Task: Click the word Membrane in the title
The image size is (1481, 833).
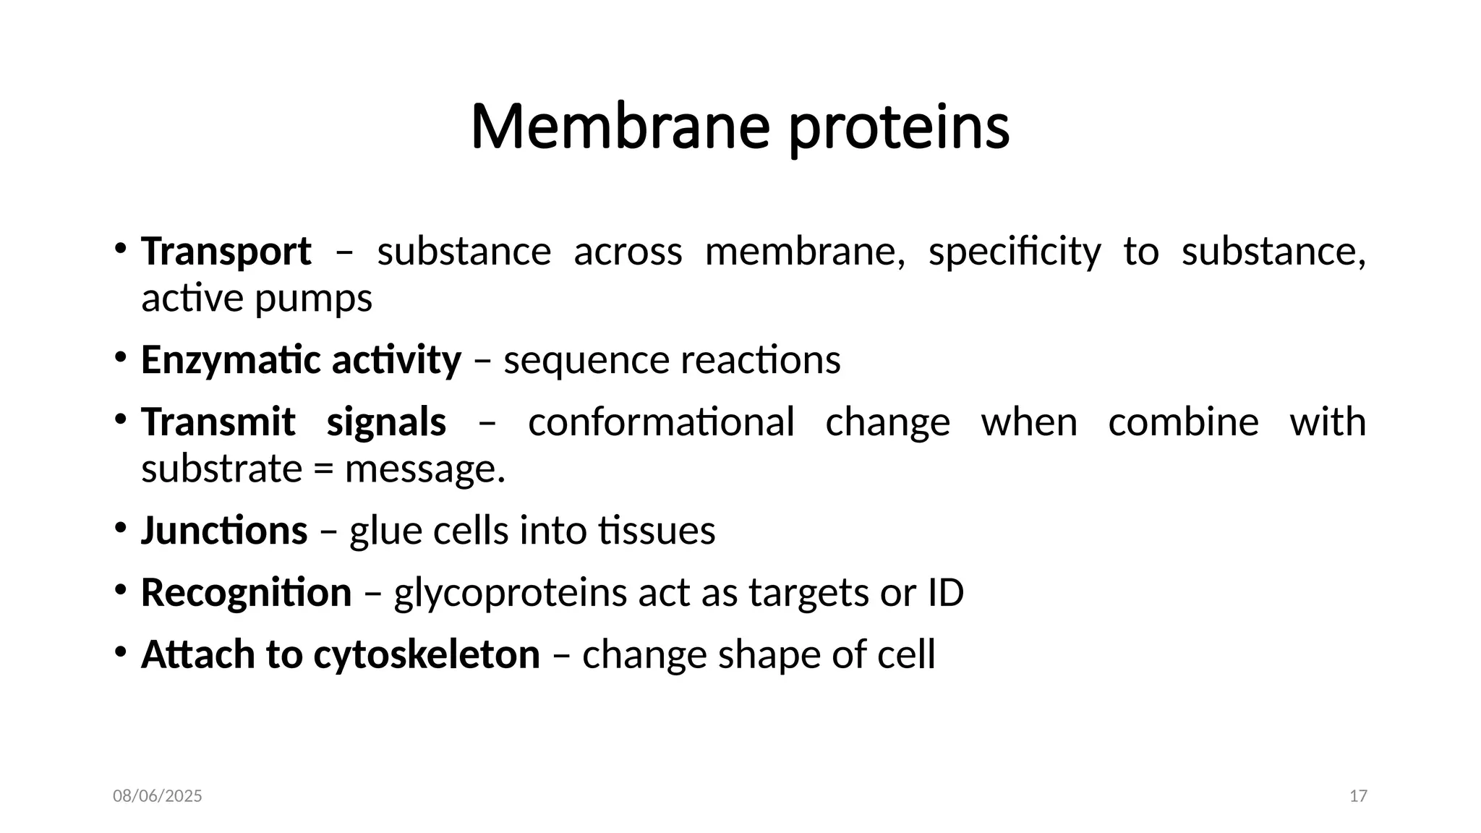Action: pyautogui.click(x=620, y=127)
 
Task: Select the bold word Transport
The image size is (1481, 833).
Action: pyautogui.click(x=226, y=252)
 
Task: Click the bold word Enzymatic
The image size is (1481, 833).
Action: pyautogui.click(x=229, y=360)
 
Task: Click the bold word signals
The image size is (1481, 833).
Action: pyautogui.click(x=386, y=422)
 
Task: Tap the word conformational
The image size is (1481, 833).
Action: pyautogui.click(x=661, y=422)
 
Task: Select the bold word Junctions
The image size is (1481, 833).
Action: pyautogui.click(x=224, y=531)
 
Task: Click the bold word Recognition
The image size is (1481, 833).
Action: pyautogui.click(x=246, y=594)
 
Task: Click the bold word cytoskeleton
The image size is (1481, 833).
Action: pyautogui.click(x=427, y=655)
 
